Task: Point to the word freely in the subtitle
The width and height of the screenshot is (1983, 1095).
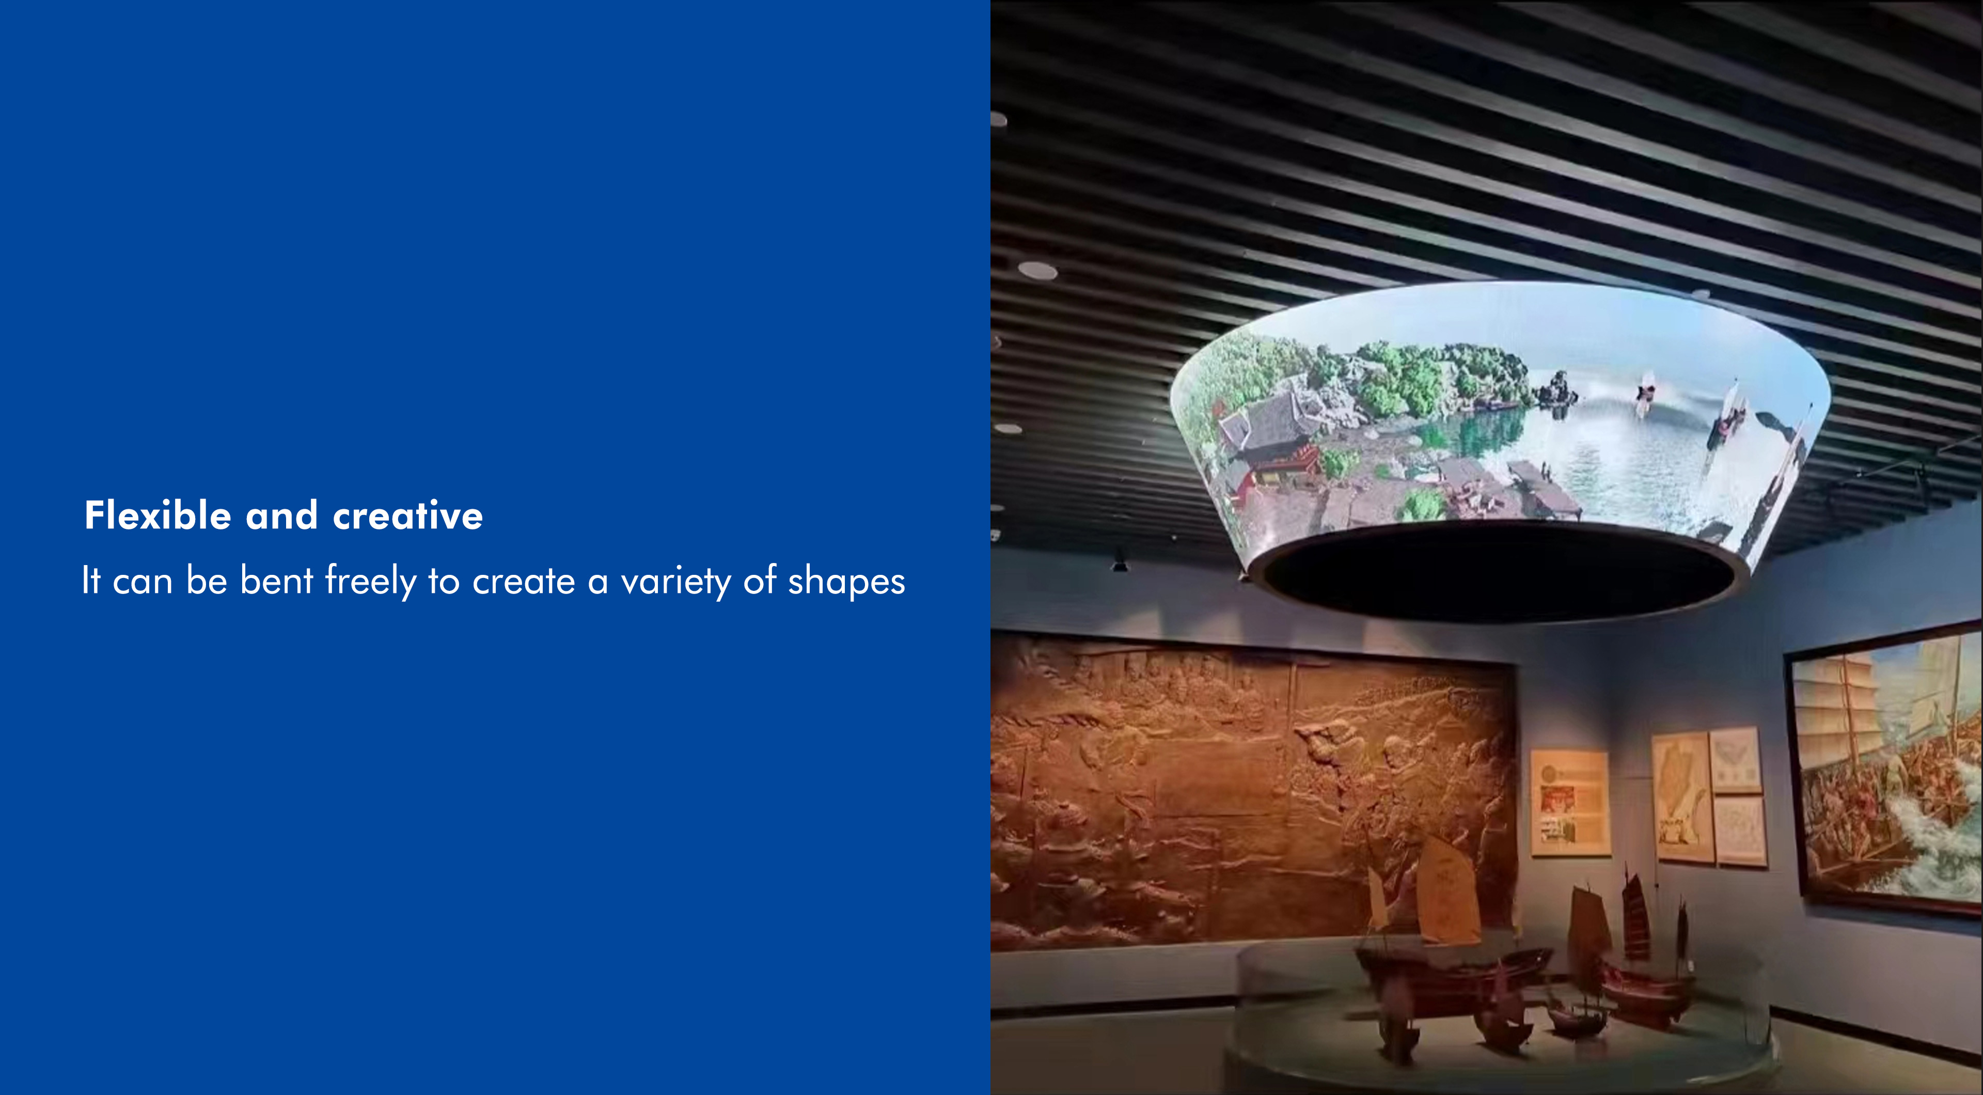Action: [370, 582]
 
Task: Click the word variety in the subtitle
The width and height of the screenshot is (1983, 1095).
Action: [676, 582]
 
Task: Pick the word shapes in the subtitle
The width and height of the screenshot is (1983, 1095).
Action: [847, 582]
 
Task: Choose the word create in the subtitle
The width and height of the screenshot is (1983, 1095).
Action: [524, 582]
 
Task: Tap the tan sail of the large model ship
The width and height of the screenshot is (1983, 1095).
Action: [1447, 889]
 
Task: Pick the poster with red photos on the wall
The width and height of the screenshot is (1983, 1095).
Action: [1570, 802]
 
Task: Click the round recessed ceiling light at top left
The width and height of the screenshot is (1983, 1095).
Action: [1037, 270]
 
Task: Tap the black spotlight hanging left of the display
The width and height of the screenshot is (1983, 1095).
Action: [1119, 562]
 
